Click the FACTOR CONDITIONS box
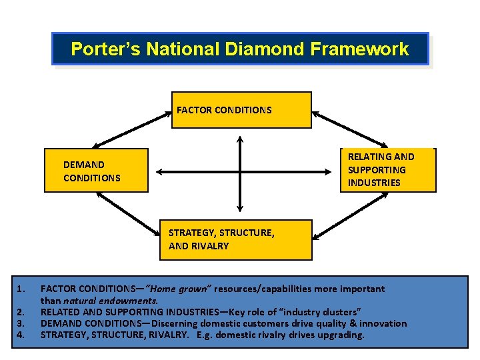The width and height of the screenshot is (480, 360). click(241, 110)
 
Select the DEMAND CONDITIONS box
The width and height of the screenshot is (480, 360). click(96, 171)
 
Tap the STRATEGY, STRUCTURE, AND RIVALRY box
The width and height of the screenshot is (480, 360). click(236, 239)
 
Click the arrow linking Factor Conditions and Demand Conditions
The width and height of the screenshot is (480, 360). click(132, 129)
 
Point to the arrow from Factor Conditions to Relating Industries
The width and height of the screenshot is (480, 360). click(350, 129)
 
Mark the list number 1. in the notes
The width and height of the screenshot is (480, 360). click(21, 289)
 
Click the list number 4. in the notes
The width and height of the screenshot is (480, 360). click(21, 335)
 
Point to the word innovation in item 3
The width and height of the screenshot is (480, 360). click(383, 323)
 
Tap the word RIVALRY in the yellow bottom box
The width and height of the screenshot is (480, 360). click(208, 246)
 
